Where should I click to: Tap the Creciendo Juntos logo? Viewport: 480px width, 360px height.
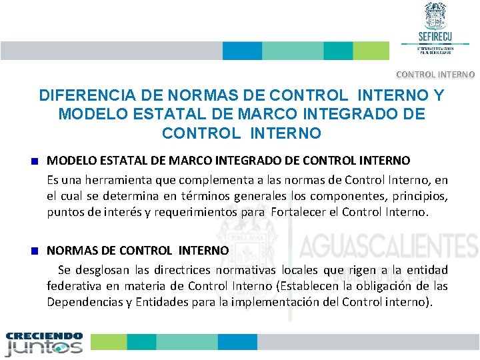click(x=44, y=344)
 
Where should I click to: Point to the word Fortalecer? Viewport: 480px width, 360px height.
click(x=301, y=213)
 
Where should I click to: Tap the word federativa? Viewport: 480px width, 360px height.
click(x=74, y=286)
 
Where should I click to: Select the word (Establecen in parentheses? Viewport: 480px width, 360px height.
click(x=319, y=286)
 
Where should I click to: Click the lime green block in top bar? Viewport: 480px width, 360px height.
click(x=371, y=51)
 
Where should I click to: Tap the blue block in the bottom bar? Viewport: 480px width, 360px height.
click(x=237, y=341)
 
